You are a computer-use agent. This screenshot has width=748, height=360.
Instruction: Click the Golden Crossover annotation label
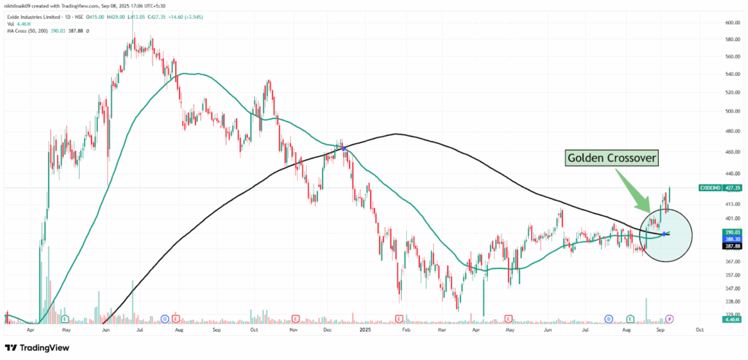click(x=612, y=158)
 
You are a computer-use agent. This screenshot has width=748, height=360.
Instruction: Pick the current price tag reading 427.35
click(x=733, y=188)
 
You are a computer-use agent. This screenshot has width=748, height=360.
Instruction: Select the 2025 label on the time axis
click(x=366, y=329)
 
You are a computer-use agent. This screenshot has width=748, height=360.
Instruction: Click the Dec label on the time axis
click(x=327, y=329)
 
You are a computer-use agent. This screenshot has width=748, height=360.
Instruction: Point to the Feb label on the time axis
click(x=404, y=329)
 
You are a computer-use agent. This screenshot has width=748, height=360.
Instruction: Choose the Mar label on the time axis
click(x=443, y=329)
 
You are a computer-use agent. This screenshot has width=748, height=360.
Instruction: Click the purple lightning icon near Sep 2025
click(x=671, y=319)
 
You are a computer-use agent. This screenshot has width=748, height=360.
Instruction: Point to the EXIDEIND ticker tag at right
click(x=709, y=188)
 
